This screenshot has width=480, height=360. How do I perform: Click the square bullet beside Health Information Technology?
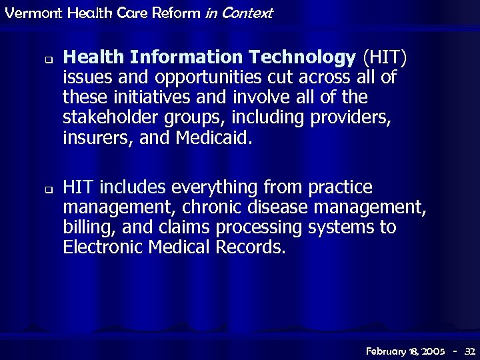click(x=49, y=59)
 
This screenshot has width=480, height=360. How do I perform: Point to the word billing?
click(x=86, y=228)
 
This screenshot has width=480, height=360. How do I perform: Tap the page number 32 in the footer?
click(x=469, y=350)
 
